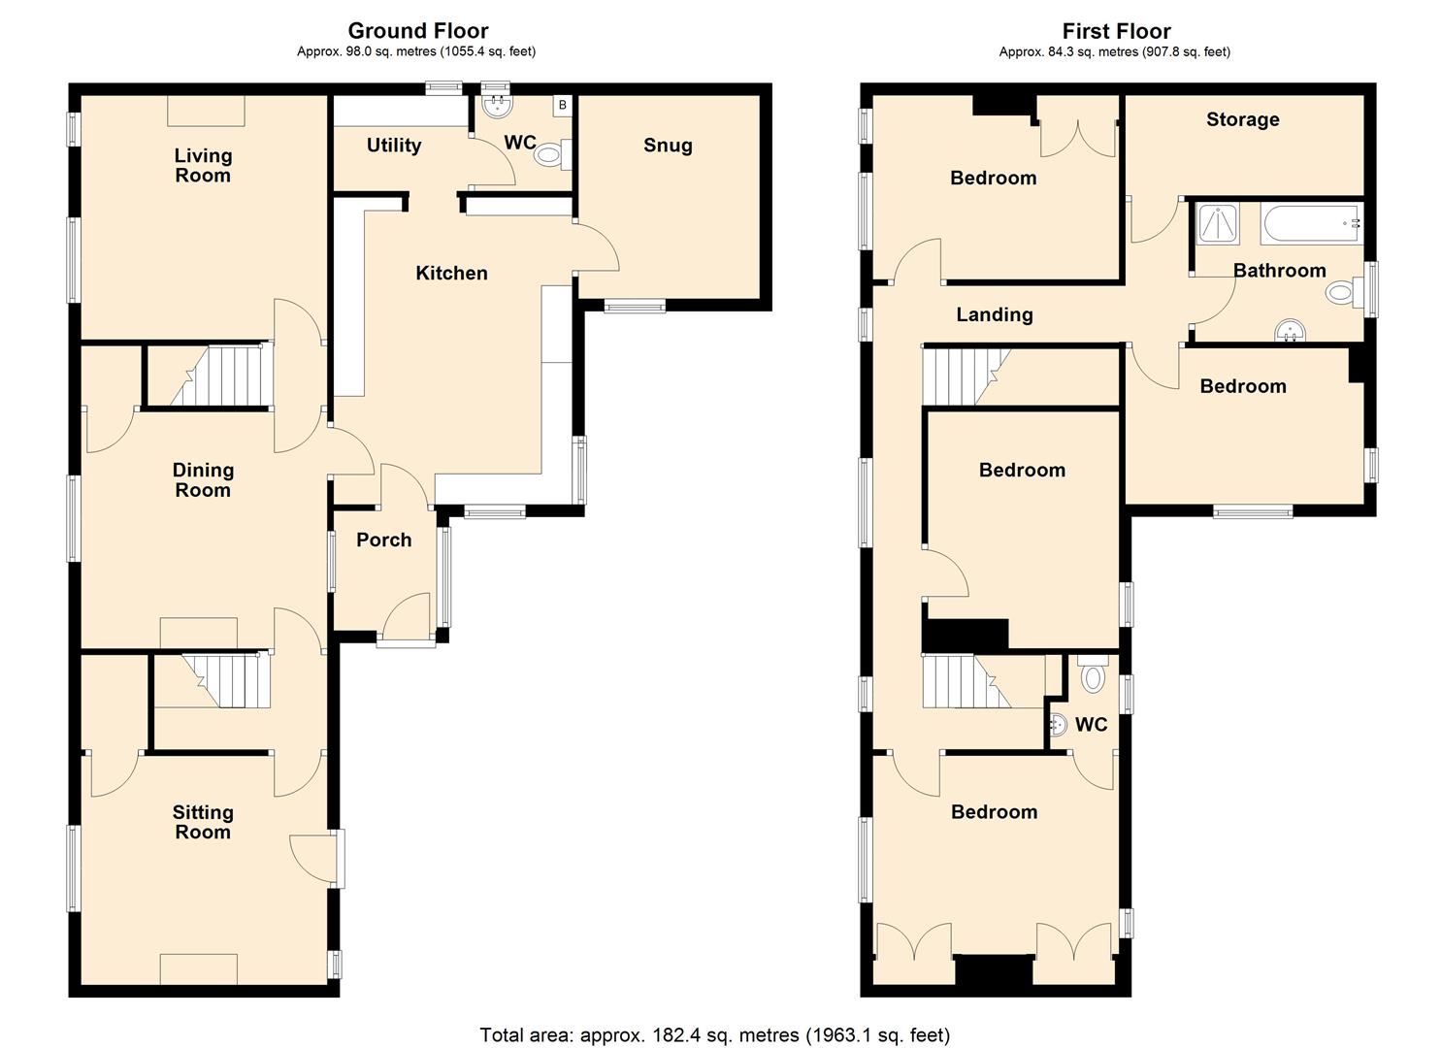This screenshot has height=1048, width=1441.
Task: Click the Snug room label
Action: point(668,146)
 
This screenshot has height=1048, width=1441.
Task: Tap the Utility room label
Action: point(394,146)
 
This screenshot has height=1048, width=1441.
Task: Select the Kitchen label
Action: point(451,273)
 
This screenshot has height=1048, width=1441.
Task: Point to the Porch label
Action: point(384,540)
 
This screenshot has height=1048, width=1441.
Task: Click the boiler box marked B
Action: point(562,106)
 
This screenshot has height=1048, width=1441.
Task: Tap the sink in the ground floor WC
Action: point(496,106)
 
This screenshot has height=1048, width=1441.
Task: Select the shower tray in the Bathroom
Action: point(1219,223)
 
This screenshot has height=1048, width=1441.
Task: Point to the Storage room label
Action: point(1243,119)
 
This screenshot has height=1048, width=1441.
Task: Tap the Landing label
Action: point(995,314)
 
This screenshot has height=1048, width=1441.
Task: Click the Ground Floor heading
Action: point(418,31)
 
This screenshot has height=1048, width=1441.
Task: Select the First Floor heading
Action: point(1116,31)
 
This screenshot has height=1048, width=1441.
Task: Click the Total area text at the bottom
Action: point(715,1035)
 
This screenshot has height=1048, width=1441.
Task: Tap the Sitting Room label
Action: point(203,822)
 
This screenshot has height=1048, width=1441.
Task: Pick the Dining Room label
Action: point(203,480)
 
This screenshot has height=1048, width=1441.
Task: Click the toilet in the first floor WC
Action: point(1093,673)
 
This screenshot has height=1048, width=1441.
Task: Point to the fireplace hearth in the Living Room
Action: point(206,112)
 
